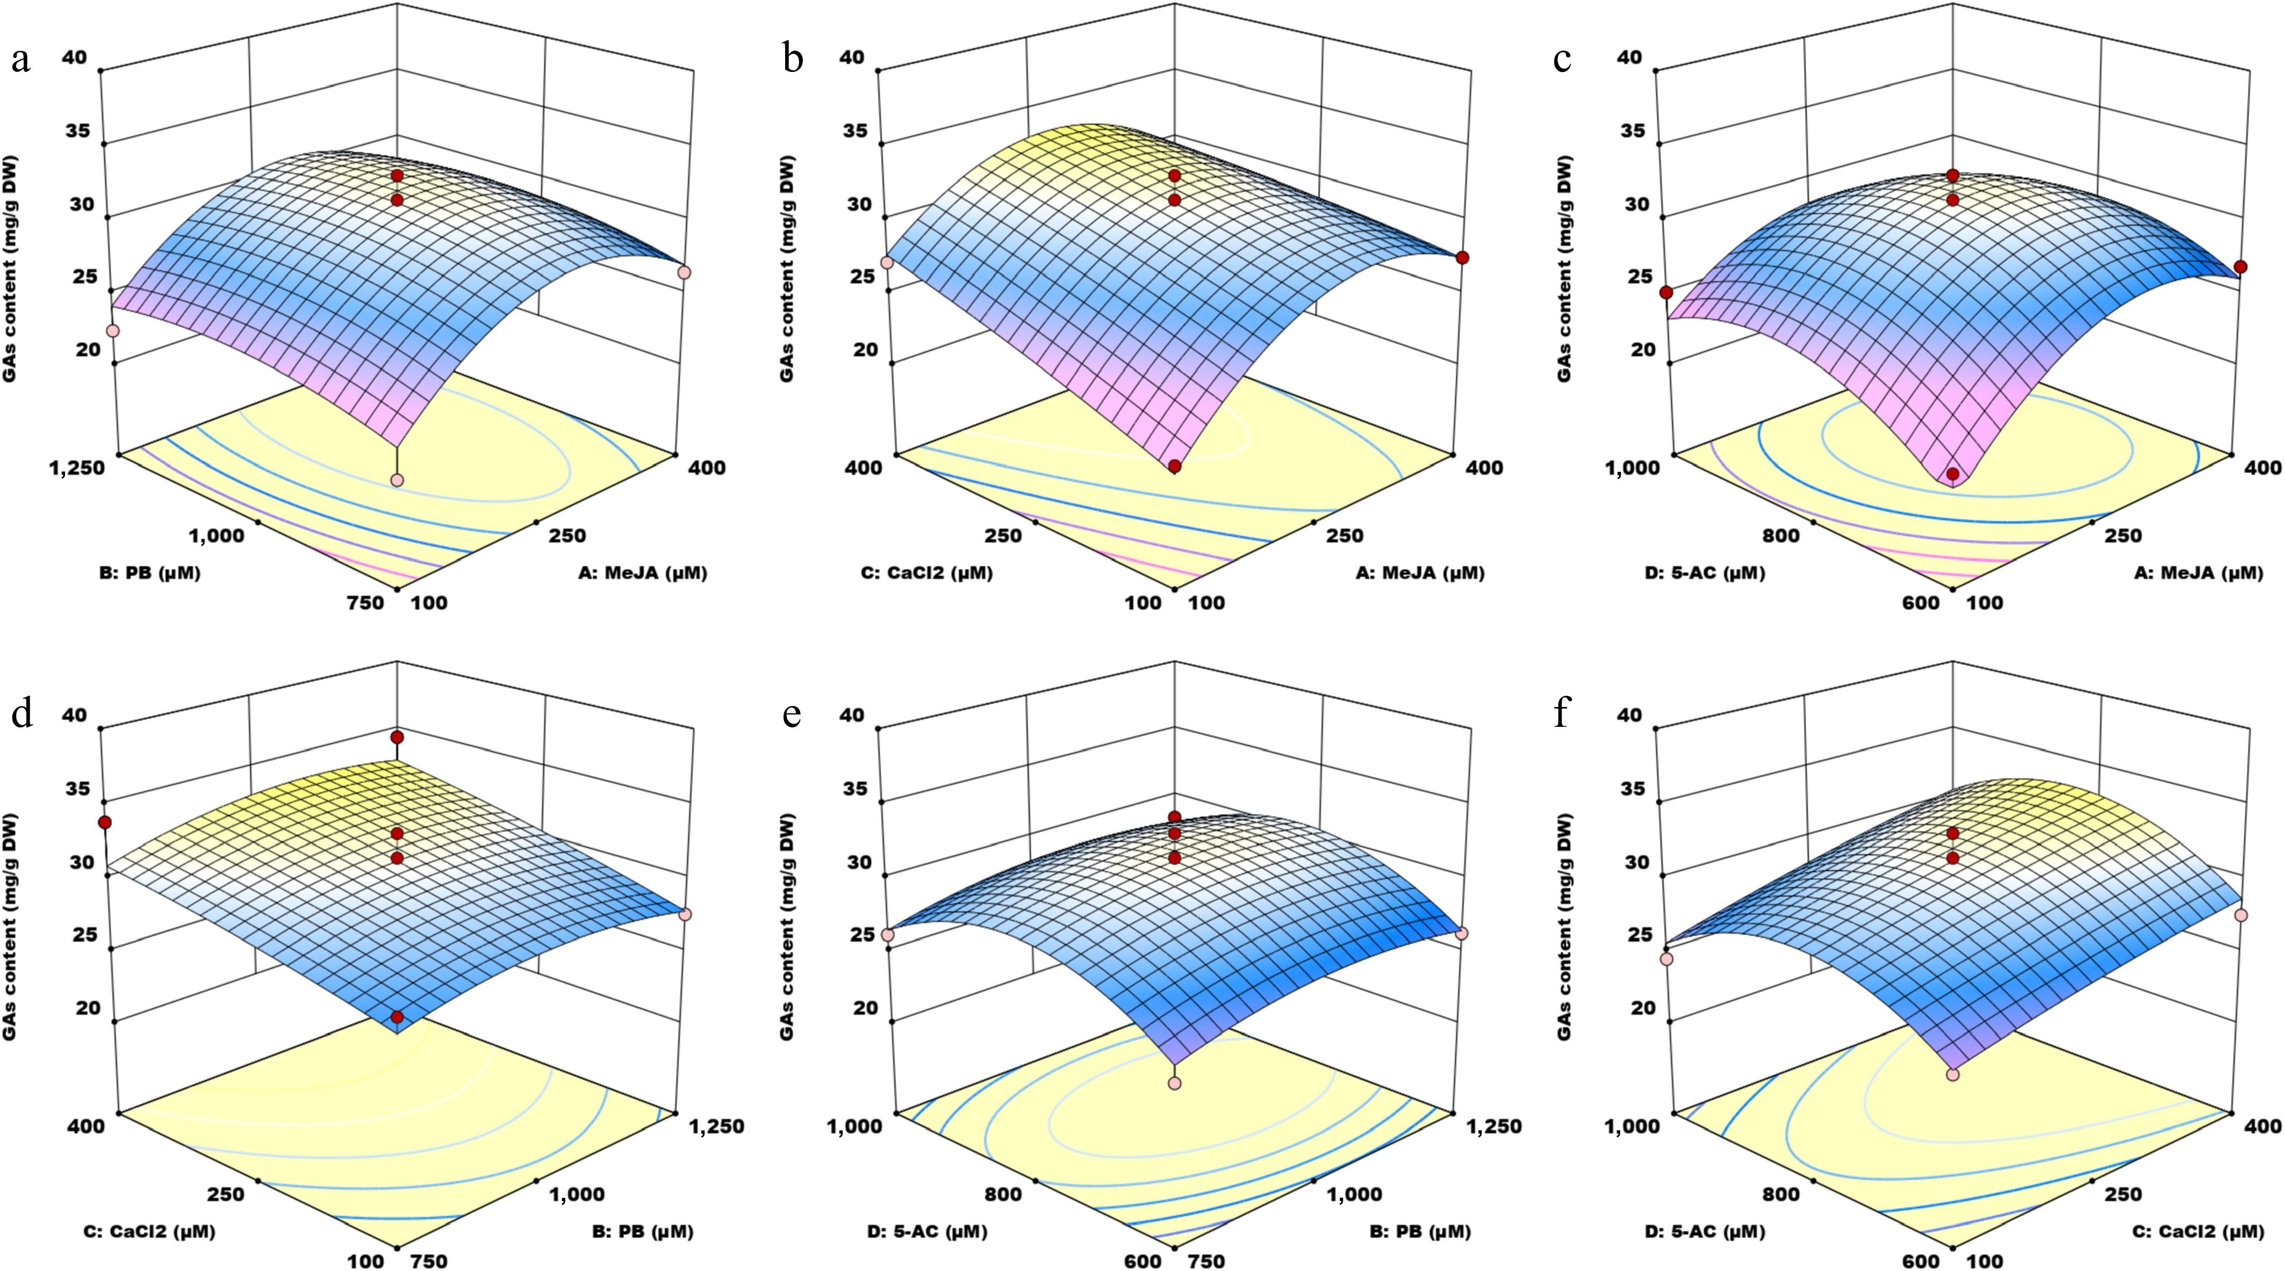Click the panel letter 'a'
tap(21, 60)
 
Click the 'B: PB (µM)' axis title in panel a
tap(150, 573)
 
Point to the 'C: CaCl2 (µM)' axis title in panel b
tap(927, 573)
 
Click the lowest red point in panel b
tap(1174, 466)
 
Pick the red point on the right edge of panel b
tap(1462, 258)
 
